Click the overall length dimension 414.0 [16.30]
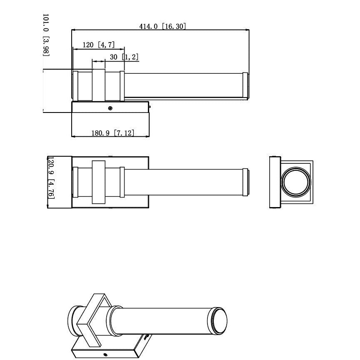point(162,26)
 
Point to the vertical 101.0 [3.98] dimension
point(46,35)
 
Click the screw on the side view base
point(110,108)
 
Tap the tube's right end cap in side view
point(245,86)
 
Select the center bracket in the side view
point(99,85)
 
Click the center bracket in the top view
point(99,182)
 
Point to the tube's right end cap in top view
point(246,182)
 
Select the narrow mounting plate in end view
point(275,182)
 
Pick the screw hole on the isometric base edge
point(105,355)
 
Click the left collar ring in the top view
point(75,182)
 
